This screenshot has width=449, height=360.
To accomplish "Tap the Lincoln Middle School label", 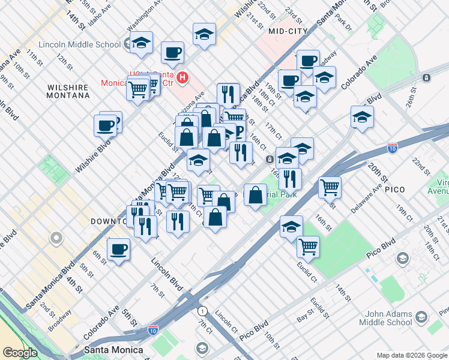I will click(x=79, y=44).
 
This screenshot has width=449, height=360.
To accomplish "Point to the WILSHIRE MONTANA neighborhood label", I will click(x=68, y=92).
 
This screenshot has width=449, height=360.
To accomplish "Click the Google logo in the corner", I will click(x=20, y=353).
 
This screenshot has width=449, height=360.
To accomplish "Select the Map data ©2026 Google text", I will click(x=412, y=355).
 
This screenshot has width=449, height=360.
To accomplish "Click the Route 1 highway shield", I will click(x=202, y=311).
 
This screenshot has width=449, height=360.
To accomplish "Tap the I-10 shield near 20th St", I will click(x=391, y=148).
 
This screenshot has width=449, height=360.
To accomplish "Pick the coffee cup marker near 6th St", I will click(x=118, y=249).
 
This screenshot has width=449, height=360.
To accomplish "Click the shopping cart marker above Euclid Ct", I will click(x=308, y=245).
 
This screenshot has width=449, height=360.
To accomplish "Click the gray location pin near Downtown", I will click(x=56, y=238).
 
